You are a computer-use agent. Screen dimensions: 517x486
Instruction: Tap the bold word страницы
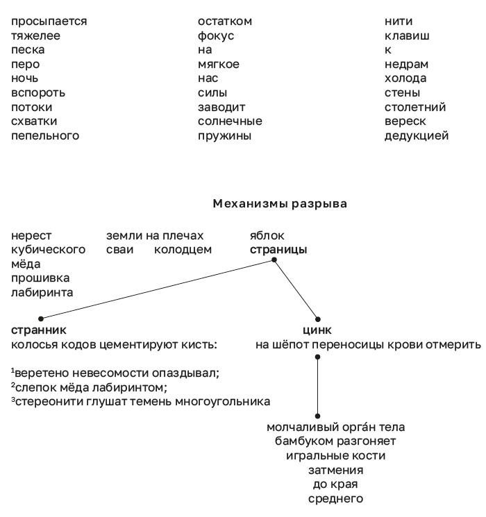click(278, 250)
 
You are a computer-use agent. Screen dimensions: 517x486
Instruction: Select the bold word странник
click(39, 330)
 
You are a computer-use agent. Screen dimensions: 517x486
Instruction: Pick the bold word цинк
click(317, 330)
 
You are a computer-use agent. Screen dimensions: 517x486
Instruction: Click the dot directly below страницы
click(275, 260)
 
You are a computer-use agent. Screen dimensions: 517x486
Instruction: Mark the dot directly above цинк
click(317, 318)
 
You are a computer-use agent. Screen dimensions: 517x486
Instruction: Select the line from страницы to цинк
click(296, 289)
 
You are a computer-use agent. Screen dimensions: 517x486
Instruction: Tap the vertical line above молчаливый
click(317, 385)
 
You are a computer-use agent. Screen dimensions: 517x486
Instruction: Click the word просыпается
click(49, 21)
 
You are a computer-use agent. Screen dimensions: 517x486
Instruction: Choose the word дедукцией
click(417, 136)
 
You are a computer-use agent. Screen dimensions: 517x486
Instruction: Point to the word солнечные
click(230, 121)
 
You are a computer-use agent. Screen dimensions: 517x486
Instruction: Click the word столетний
click(415, 108)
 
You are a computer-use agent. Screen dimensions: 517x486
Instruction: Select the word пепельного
click(45, 136)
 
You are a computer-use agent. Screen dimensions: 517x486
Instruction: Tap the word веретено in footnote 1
click(38, 373)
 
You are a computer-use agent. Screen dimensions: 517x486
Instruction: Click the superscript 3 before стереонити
click(12, 399)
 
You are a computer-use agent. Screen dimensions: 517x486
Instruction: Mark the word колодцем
click(183, 250)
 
